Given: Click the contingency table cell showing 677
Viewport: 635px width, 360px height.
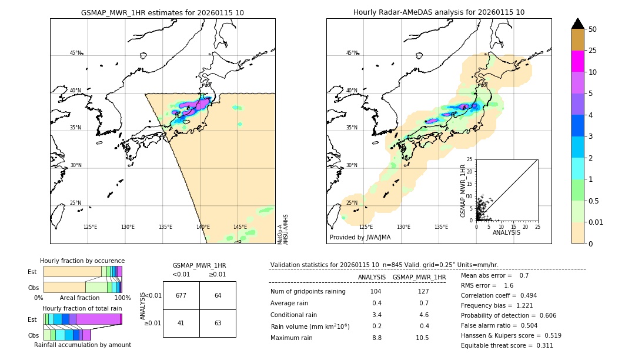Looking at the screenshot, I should click(x=181, y=295).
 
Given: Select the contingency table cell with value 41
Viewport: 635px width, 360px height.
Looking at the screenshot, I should click(x=181, y=323).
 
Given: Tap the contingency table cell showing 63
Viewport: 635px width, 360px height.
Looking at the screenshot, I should click(x=218, y=323).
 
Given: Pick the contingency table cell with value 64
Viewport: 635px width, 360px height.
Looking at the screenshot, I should click(x=218, y=295).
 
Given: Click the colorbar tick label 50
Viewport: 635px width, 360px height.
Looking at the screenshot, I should click(x=593, y=29).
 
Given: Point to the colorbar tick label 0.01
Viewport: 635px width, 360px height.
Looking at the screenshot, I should click(x=596, y=222).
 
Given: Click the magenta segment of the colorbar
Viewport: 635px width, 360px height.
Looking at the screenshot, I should click(x=577, y=61).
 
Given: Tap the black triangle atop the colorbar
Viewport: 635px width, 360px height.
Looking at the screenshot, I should click(x=577, y=24).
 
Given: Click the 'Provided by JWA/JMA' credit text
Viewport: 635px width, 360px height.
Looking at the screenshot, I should click(x=360, y=237).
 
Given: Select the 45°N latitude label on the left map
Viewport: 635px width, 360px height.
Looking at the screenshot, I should click(x=75, y=53).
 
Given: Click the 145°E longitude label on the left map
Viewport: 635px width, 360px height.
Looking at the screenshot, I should click(x=240, y=227).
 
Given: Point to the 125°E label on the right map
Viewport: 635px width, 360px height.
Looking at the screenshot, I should click(x=366, y=227).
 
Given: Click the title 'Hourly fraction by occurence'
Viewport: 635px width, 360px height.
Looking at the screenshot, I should click(x=82, y=261).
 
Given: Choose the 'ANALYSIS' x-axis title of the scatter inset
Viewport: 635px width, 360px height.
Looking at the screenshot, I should click(x=506, y=232).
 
